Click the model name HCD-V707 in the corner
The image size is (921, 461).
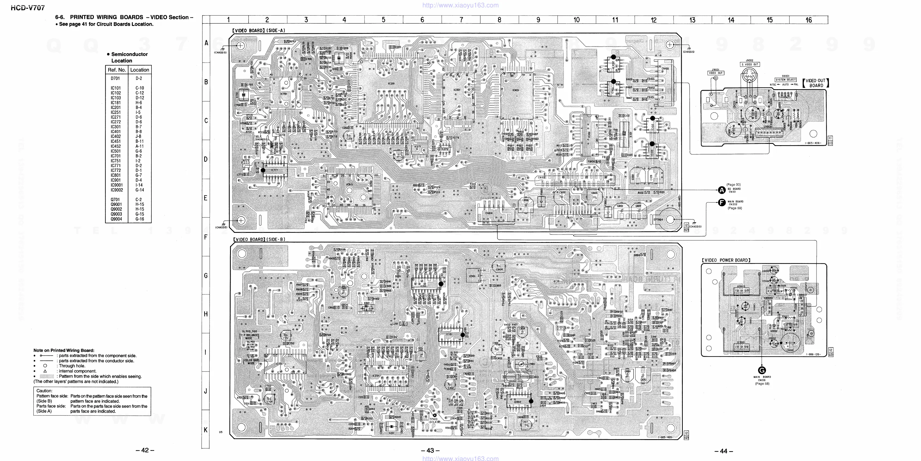tap(28, 8)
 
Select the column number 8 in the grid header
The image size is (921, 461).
tap(499, 20)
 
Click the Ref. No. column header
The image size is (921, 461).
tap(117, 70)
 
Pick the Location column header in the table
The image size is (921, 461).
tap(139, 70)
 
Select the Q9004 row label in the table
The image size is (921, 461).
tap(116, 219)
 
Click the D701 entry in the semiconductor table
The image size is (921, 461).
tap(115, 78)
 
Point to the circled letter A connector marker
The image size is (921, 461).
tap(722, 190)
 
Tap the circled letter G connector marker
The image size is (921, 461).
tap(762, 370)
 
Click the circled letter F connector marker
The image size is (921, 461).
tap(722, 203)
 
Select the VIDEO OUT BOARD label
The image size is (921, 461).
tap(816, 83)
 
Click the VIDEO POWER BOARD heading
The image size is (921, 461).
tap(726, 260)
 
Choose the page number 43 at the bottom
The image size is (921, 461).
tap(430, 451)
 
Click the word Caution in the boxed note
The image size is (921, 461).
tap(44, 391)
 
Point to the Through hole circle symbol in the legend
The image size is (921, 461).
tap(45, 366)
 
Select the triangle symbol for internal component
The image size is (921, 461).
tap(45, 371)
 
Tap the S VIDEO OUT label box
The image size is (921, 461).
tap(750, 64)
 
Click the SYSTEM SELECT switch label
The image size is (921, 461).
tap(785, 80)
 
